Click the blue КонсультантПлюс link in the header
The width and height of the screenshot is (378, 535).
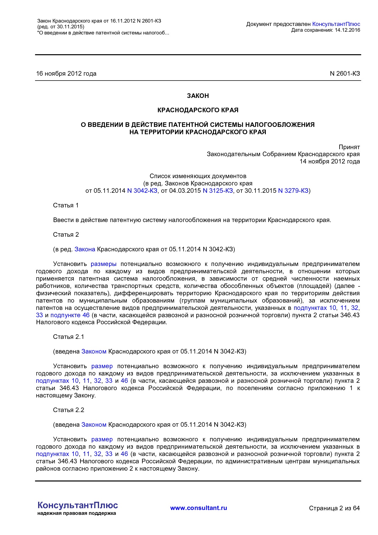336,24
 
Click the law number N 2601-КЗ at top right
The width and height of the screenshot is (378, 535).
345,74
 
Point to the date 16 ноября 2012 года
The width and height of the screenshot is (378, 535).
66,74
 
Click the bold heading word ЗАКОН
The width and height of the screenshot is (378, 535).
198,96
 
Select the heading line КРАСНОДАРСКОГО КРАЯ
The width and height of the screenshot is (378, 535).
198,110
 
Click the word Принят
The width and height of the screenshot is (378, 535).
349,147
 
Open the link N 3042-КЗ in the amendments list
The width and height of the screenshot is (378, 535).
142,191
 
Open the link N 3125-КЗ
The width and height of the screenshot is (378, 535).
218,191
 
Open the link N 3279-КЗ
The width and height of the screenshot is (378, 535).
293,191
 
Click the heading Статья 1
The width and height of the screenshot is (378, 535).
66,205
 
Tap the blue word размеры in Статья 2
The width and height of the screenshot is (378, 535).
104,264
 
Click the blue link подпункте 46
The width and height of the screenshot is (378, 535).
70,315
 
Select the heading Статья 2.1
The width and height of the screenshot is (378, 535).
68,337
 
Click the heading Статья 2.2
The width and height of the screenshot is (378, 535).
68,410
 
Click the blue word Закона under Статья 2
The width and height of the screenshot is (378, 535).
85,249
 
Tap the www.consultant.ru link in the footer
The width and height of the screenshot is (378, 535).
198,508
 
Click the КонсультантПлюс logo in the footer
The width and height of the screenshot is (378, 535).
77,505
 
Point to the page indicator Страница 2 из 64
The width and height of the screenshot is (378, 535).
334,508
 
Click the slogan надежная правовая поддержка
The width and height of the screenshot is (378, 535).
77,513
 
